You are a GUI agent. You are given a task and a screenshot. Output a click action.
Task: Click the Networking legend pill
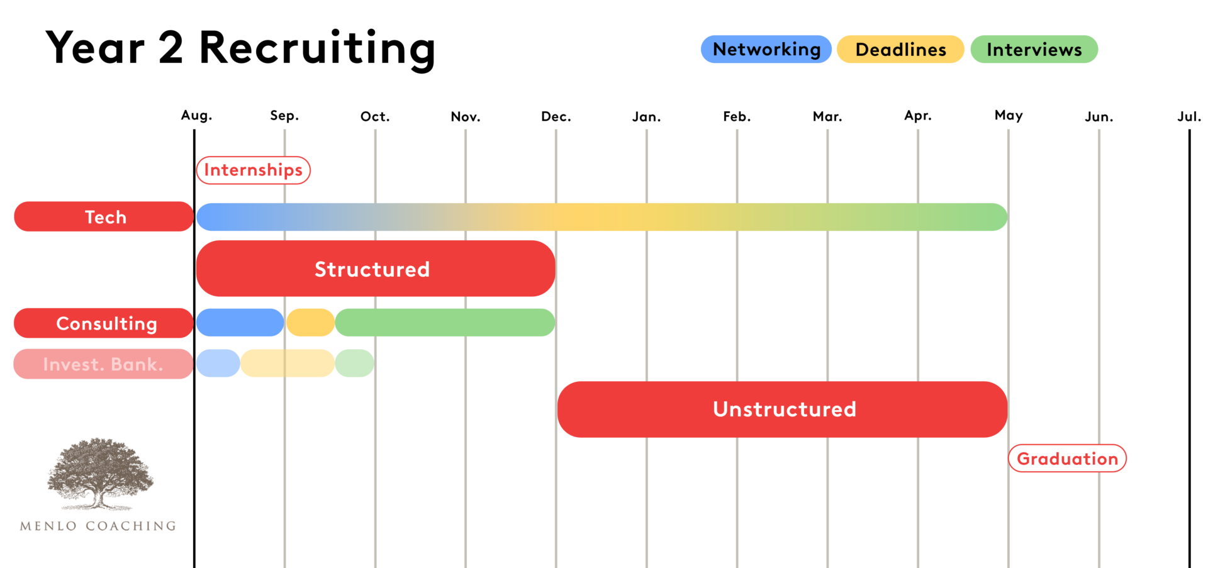coord(766,49)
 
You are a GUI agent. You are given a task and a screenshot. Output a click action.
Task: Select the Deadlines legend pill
coord(900,49)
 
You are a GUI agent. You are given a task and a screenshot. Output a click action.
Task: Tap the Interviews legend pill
coord(1034,49)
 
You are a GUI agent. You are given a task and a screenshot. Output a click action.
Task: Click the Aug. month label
coord(196,115)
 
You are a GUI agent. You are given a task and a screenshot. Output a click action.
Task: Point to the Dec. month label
coord(556,116)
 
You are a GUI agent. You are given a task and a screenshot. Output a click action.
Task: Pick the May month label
coord(1009,115)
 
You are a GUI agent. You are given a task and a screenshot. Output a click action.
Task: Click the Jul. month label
coord(1189,116)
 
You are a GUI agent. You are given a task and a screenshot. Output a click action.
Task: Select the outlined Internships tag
coord(253,170)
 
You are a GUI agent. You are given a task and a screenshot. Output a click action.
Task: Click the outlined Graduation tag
coord(1067,459)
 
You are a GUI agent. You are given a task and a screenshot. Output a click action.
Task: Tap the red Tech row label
coord(104,216)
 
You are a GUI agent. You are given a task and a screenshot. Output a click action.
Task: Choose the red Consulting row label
coord(104,323)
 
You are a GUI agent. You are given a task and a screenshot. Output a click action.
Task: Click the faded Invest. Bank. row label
coord(103,364)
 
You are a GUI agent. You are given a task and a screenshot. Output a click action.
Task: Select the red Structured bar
coord(375,269)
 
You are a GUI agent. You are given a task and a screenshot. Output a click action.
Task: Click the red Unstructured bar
coord(782,409)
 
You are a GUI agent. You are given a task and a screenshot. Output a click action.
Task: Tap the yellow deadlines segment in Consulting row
coord(310,323)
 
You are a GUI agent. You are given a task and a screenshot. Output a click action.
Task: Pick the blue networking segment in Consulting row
coord(240,323)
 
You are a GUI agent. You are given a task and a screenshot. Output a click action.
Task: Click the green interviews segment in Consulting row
coord(445,323)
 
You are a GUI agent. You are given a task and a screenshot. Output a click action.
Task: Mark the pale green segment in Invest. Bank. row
coord(354,363)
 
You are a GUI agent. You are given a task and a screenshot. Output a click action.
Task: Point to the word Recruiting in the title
coord(317,48)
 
